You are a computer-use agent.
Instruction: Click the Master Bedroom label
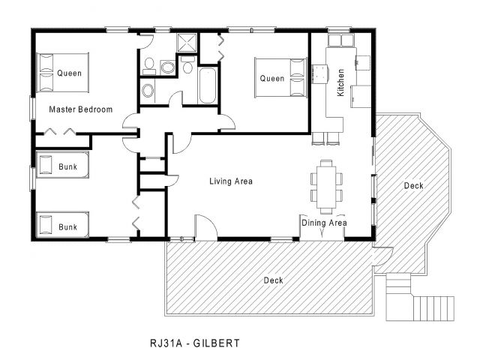click(81, 109)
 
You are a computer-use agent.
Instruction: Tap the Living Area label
click(231, 181)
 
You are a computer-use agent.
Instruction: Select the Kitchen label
click(340, 82)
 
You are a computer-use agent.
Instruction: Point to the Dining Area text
click(324, 223)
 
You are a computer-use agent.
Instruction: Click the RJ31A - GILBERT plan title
click(195, 343)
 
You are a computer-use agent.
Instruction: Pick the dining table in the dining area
click(326, 187)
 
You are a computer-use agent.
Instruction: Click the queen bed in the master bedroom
click(62, 73)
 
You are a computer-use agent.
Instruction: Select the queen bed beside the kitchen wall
click(280, 77)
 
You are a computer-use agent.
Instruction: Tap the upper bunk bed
click(62, 165)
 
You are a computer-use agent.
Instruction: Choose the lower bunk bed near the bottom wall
click(62, 225)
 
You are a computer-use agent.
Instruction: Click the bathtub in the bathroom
click(207, 85)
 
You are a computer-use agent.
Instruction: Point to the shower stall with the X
click(187, 42)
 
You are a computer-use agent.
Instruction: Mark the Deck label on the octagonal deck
click(413, 185)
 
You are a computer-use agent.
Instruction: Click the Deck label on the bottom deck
click(273, 280)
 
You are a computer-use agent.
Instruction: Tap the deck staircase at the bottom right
click(420, 298)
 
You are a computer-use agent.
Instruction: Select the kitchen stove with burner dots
click(320, 74)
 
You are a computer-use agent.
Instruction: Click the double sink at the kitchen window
click(340, 40)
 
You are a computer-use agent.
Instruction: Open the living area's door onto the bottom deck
click(206, 227)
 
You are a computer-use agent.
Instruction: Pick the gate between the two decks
click(382, 256)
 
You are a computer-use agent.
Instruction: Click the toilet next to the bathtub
click(187, 64)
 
